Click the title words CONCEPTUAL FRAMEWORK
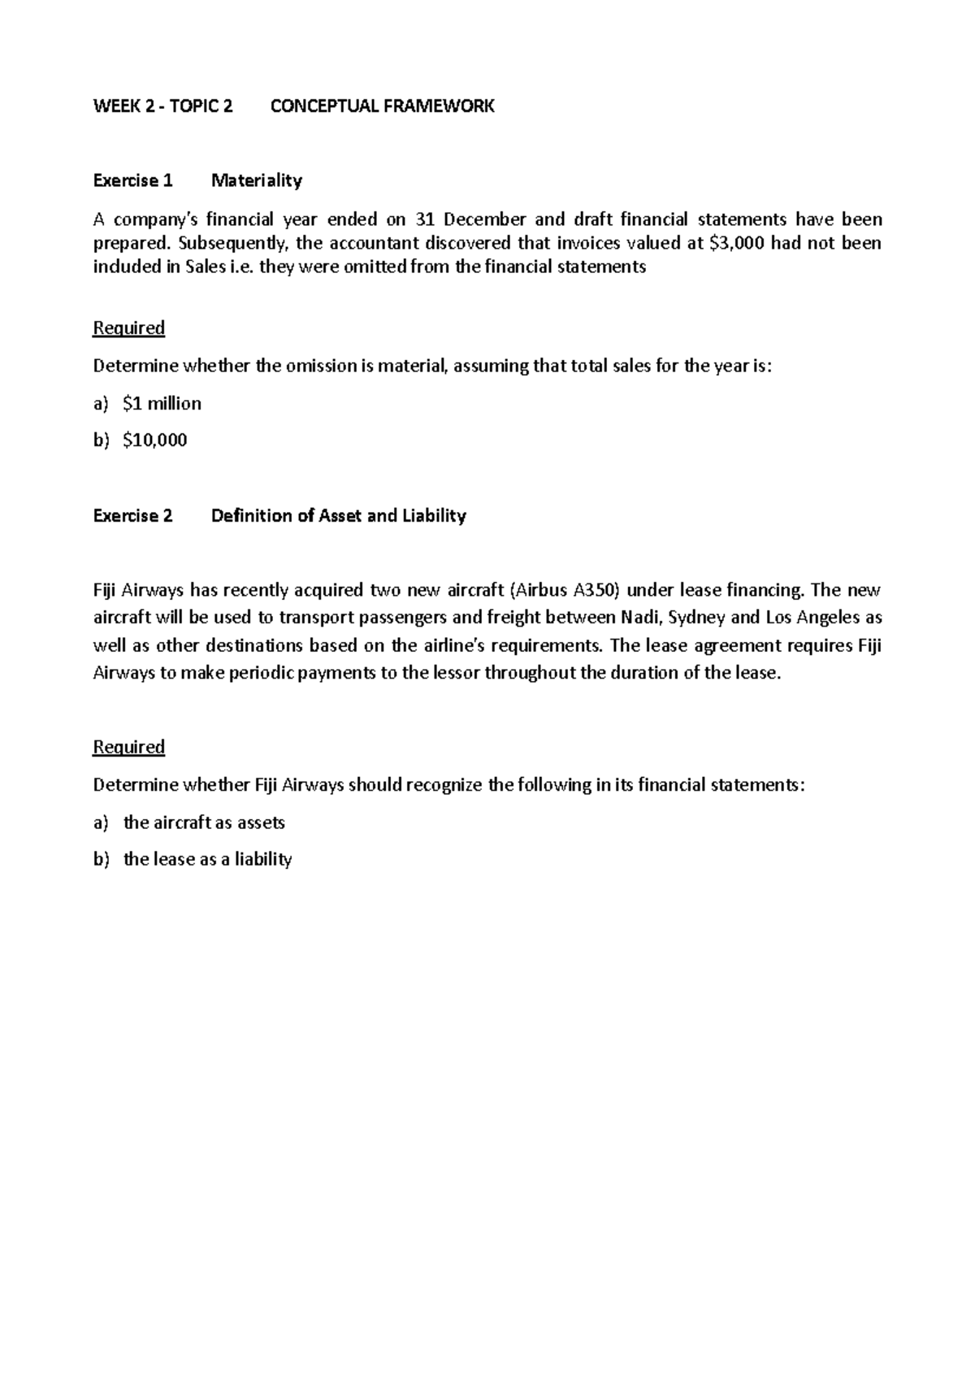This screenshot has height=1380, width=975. pyautogui.click(x=382, y=106)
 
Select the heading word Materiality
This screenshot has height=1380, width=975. pyautogui.click(x=257, y=180)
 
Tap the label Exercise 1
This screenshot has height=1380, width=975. pyautogui.click(x=133, y=180)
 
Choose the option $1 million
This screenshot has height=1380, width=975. pyautogui.click(x=162, y=403)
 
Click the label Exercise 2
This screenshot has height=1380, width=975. pyautogui.click(x=133, y=515)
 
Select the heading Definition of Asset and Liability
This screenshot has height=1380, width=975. pyautogui.click(x=338, y=515)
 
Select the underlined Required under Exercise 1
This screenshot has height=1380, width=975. pyautogui.click(x=129, y=328)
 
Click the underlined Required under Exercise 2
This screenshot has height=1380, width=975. pyautogui.click(x=129, y=747)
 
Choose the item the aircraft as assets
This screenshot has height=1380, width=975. pyautogui.click(x=204, y=822)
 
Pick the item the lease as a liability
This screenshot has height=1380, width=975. pyautogui.click(x=207, y=859)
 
